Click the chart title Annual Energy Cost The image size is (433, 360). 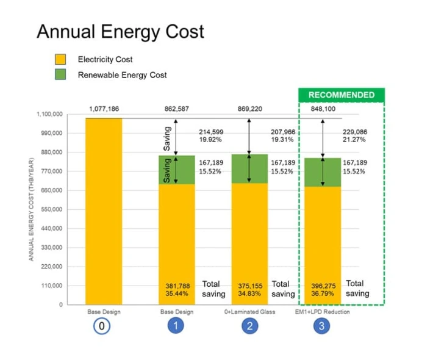point(120,32)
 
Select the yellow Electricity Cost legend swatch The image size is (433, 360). point(60,60)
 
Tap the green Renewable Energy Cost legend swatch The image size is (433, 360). point(60,75)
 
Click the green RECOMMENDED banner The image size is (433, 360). point(341,95)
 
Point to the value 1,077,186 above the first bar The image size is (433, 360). point(104,109)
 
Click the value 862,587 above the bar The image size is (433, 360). point(177,109)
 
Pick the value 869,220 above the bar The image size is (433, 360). point(250,109)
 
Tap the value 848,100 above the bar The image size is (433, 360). point(323,109)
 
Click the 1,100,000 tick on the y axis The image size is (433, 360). point(49,114)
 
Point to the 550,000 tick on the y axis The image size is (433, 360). point(51,209)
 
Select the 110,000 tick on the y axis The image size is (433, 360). point(51,286)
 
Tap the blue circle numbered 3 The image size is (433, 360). point(323,326)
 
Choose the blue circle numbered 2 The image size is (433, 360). point(249,326)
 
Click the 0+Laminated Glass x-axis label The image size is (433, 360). point(249,312)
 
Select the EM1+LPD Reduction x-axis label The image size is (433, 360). point(323,312)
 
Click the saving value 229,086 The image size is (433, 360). point(355,131)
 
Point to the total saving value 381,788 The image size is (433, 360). point(177,285)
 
